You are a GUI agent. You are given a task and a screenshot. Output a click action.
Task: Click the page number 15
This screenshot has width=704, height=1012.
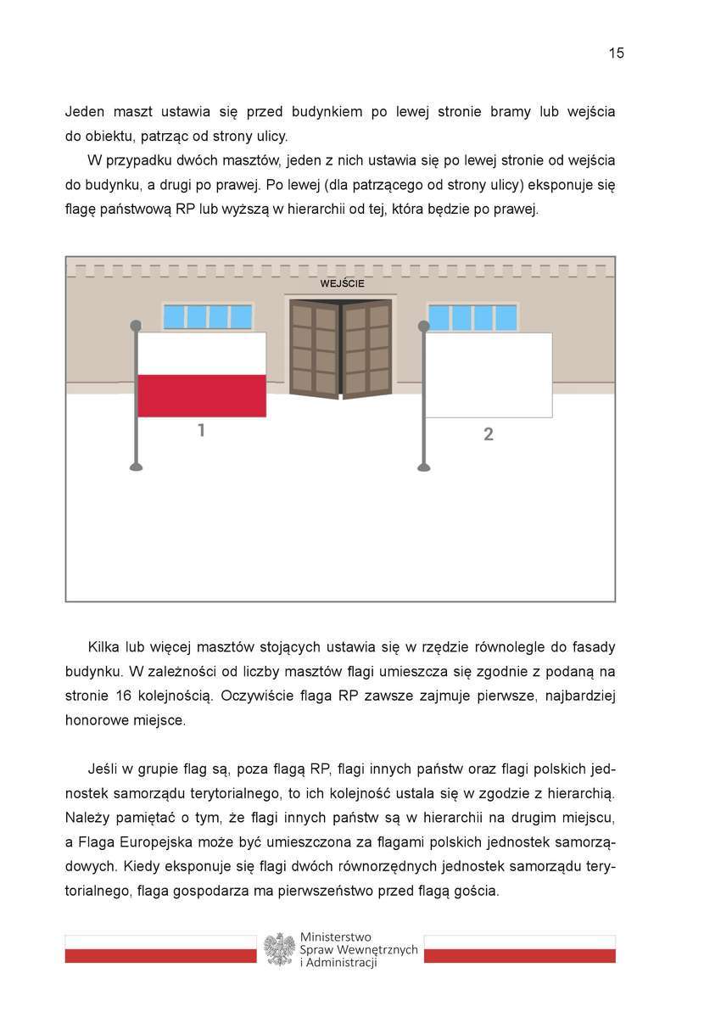[616, 53]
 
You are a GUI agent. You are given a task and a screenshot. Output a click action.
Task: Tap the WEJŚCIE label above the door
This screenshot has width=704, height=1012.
[342, 283]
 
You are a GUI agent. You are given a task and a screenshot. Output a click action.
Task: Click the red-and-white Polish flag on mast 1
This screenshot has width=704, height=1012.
[202, 374]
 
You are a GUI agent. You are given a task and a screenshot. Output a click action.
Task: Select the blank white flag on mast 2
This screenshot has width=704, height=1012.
[489, 375]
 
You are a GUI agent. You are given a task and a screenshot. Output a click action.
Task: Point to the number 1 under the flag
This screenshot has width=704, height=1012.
[201, 431]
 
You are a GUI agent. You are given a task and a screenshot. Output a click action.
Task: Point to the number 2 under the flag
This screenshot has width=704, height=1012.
[489, 434]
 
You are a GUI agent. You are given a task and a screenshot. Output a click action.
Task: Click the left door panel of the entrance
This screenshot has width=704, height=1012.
[315, 349]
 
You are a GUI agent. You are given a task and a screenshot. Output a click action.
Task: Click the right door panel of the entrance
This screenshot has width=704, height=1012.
[368, 349]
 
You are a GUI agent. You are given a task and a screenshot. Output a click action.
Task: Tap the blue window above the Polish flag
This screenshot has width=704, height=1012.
[208, 316]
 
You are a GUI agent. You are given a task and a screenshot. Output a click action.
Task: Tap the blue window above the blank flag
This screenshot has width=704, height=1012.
[472, 317]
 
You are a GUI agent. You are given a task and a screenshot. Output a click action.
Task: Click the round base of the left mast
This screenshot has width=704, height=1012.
[136, 467]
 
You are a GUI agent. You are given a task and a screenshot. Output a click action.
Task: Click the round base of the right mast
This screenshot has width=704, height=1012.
[424, 467]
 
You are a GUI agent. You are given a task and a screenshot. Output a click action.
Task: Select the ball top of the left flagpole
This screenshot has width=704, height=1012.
[136, 325]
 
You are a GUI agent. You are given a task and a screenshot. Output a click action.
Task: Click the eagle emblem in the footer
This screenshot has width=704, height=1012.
[278, 949]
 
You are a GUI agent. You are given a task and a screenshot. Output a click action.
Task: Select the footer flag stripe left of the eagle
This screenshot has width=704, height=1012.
[160, 949]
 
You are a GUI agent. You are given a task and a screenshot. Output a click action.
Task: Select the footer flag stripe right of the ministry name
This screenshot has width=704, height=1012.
[519, 949]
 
